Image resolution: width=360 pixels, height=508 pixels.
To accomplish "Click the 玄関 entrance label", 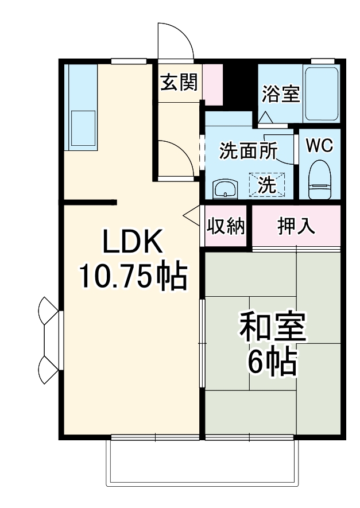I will coord(179,84).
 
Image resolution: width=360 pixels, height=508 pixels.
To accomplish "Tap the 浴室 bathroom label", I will coord(281,94).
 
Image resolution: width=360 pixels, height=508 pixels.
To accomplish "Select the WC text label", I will coord(319,146).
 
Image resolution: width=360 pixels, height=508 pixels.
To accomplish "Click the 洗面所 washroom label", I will coord(248,151).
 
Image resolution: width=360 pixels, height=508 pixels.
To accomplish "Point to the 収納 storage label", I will coord(226,227).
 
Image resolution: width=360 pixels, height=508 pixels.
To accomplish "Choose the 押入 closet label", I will coord(296,226).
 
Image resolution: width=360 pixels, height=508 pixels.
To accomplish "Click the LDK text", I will coord(133,243).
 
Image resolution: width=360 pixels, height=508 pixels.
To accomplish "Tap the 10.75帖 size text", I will coord(133,277).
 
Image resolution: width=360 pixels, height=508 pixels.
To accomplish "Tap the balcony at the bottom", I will coord(203,462).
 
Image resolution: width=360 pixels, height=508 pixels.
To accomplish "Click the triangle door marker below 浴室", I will coord(265,118).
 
